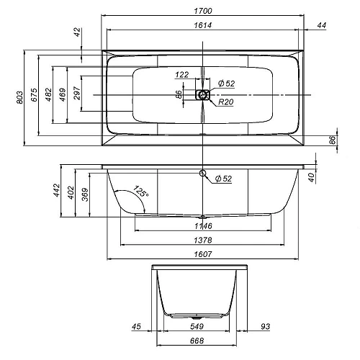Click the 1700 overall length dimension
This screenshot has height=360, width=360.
pos(203,11)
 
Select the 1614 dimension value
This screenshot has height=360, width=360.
pos(203,25)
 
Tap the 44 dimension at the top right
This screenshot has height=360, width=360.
pos(322,25)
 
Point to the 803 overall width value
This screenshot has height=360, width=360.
pos(20,97)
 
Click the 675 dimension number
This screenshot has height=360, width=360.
pos(35,95)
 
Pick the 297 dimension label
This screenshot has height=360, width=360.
pos(77,93)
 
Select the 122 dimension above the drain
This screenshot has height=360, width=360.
pos(181,75)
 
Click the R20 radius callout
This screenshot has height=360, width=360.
pos(225,102)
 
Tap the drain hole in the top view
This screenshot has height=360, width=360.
pos(203,94)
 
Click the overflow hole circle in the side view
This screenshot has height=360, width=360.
pos(203,173)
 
